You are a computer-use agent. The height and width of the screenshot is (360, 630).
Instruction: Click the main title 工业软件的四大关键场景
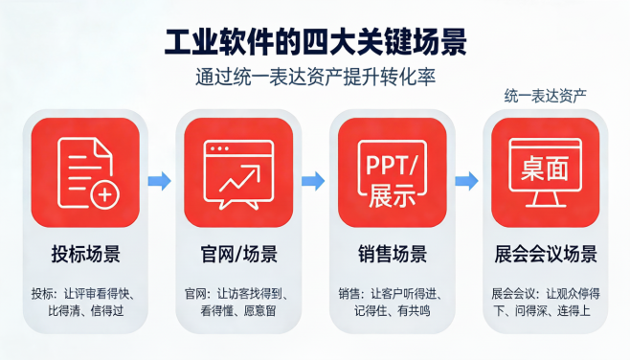pyautogui.click(x=315, y=43)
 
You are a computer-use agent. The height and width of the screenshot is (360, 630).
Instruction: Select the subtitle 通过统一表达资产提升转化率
pyautogui.click(x=315, y=78)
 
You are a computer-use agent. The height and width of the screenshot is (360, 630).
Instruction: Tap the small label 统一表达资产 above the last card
pyautogui.click(x=545, y=96)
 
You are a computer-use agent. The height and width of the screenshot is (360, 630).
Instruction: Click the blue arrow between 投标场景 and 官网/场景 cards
pyautogui.click(x=161, y=180)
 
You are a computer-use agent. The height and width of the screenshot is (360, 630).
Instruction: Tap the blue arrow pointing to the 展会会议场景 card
pyautogui.click(x=466, y=180)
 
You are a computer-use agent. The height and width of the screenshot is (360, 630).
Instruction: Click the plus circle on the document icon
pyautogui.click(x=103, y=197)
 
